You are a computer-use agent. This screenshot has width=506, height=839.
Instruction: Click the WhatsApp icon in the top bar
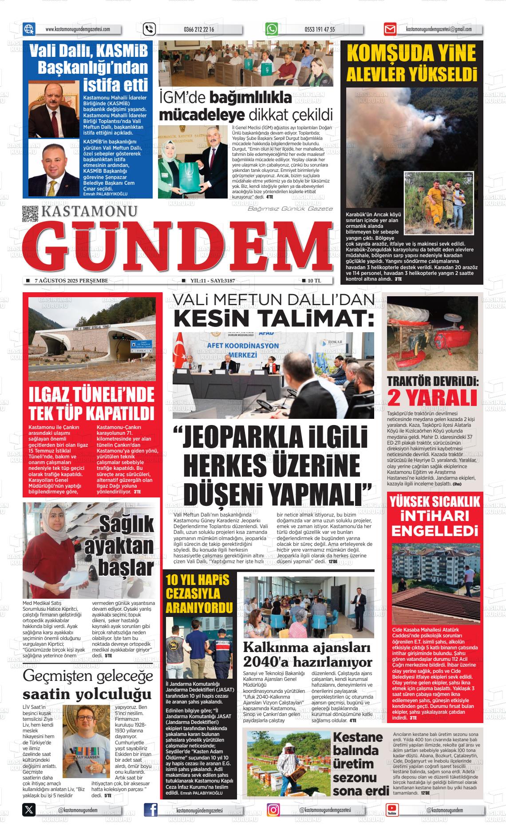pos(272,29)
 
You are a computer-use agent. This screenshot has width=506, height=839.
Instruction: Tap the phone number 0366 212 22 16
pos(198,30)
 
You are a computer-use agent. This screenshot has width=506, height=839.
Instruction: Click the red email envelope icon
pos(390,30)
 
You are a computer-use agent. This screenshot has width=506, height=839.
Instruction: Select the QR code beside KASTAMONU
pos(30,214)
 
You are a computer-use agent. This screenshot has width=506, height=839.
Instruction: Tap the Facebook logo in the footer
pos(151,810)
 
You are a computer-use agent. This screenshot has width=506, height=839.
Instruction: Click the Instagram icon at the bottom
pos(273,810)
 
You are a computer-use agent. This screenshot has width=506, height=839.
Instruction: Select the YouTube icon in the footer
pos(392,810)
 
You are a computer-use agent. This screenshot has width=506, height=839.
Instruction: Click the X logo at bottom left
pos(29,810)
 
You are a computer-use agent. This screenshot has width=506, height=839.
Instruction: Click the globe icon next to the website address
pos(29,29)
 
